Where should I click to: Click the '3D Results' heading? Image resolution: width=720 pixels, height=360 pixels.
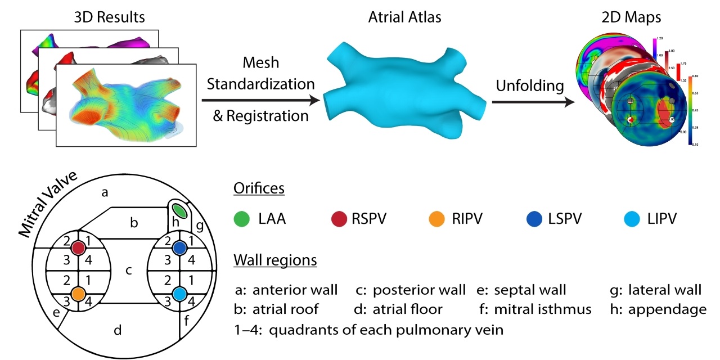point(109,17)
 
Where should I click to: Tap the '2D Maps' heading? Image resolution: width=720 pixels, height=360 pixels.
point(624,17)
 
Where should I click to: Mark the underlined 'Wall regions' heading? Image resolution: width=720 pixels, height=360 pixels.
point(274,261)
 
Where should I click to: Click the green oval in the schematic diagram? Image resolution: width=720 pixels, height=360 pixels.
point(179,210)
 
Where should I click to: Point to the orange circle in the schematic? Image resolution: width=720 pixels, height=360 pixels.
point(78,294)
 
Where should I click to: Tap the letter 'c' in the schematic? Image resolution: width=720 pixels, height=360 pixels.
point(128,271)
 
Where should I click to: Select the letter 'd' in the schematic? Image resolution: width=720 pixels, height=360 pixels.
point(118,330)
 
